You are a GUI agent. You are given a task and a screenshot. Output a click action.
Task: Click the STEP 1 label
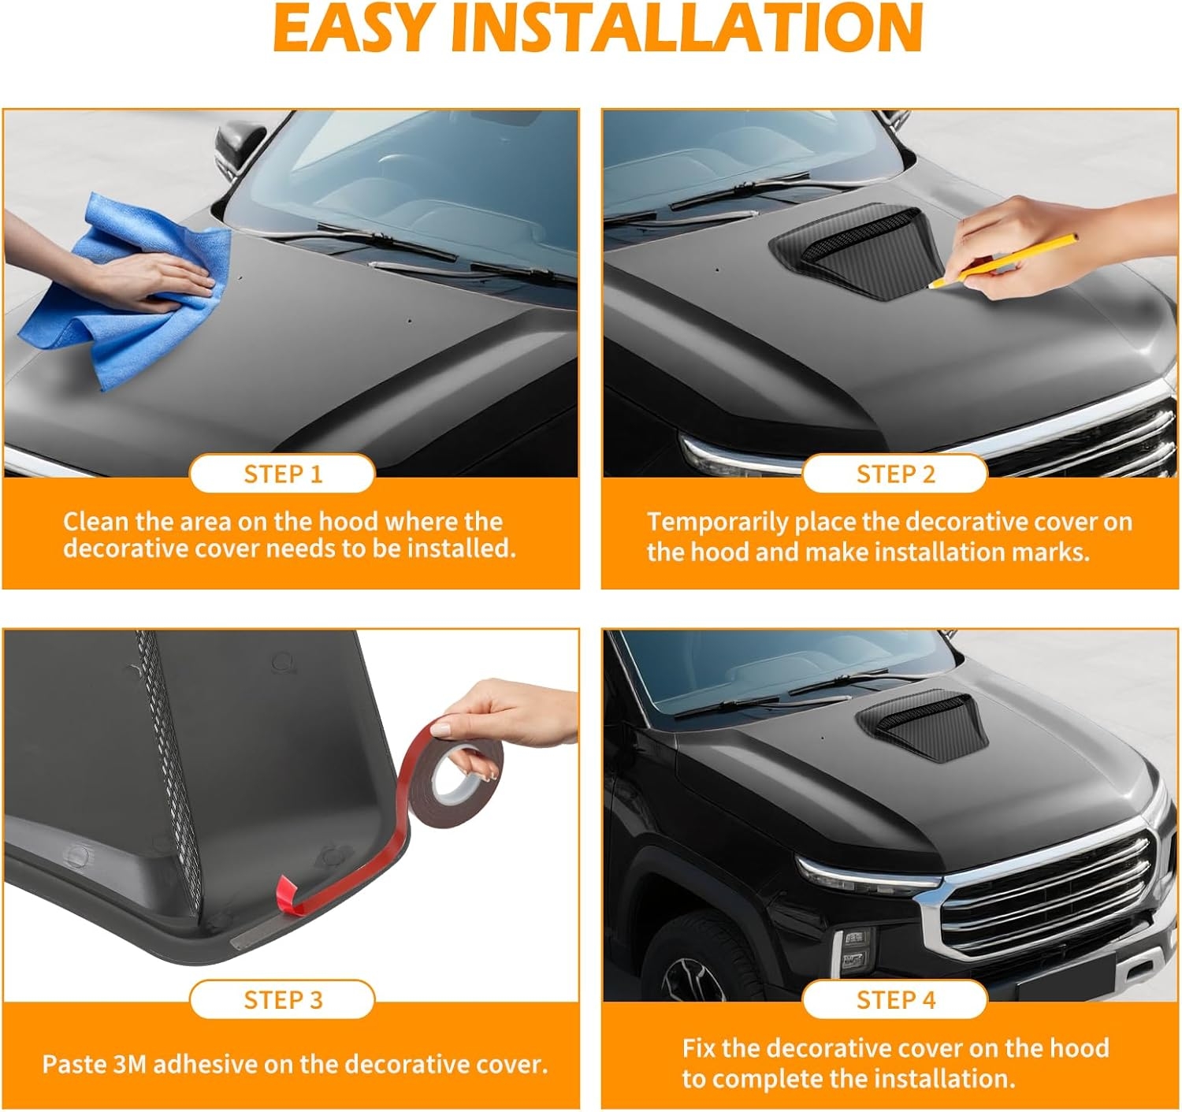pyautogui.click(x=283, y=474)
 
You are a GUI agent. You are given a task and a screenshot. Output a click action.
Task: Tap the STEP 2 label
pyautogui.click(x=896, y=474)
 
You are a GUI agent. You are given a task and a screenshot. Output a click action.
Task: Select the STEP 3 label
pyautogui.click(x=283, y=1000)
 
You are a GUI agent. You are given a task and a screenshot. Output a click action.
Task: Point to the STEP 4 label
pyautogui.click(x=896, y=1000)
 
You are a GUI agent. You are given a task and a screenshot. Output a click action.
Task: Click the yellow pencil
pyautogui.click(x=1003, y=262)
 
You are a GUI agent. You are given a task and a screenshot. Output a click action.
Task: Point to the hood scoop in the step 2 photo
pyautogui.click(x=855, y=249)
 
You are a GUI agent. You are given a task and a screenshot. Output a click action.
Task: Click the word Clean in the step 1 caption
pyautogui.click(x=95, y=522)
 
